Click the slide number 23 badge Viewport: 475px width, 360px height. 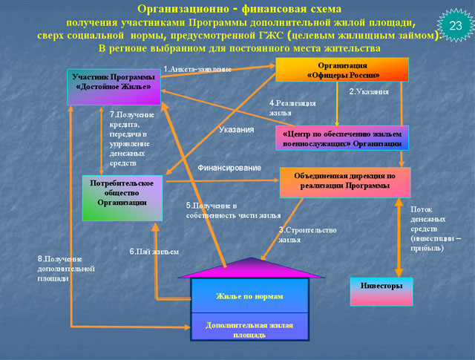point(455,25)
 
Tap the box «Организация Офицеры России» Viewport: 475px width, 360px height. point(342,70)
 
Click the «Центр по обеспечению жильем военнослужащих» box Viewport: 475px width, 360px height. point(343,137)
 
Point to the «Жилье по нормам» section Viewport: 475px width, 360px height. point(249,296)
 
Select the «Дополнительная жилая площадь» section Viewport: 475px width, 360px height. point(249,330)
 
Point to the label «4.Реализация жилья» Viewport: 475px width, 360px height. point(292,107)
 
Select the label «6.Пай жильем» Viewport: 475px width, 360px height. point(154,252)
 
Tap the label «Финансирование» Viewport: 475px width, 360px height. point(229,168)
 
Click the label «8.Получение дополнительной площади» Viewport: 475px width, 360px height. point(59,268)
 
